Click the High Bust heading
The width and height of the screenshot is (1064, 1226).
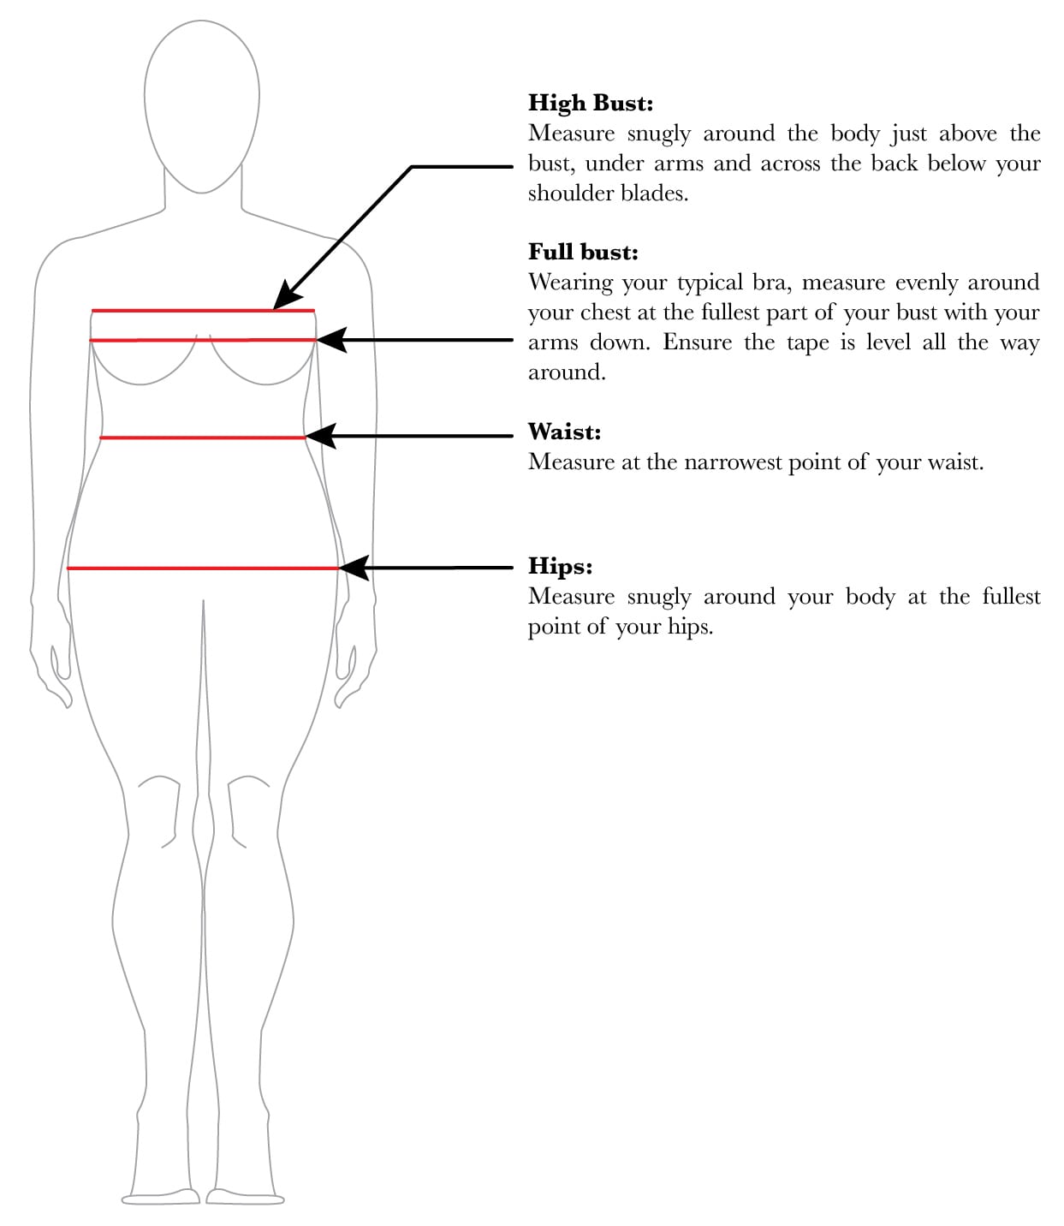click(590, 103)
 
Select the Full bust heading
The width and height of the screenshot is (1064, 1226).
click(583, 252)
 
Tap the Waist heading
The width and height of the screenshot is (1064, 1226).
click(564, 431)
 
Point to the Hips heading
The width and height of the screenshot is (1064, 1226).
click(560, 566)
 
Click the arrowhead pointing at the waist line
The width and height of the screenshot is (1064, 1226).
click(319, 436)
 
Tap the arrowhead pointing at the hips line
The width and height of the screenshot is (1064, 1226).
click(354, 567)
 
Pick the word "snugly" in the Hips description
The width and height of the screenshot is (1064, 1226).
click(658, 597)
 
